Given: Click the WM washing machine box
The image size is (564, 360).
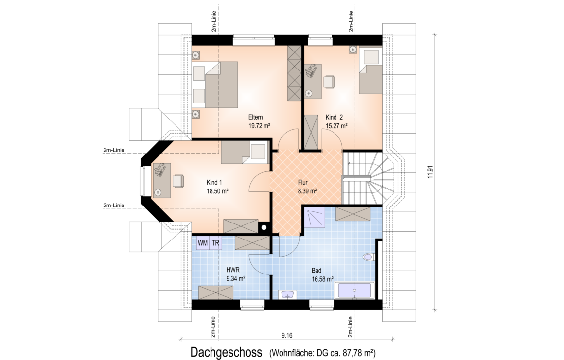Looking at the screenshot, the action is coord(203,243).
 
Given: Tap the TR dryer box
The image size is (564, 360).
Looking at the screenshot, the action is coord(215,243).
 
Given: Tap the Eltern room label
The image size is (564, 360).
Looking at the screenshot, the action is coord(255,117).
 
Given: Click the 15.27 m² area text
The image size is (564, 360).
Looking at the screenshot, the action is coord(336,126).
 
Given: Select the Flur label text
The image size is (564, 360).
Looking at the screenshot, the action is coord(302,183).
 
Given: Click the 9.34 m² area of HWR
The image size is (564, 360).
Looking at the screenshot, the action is coord(236,278).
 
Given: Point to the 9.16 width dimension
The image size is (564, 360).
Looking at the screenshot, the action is coord(287,336).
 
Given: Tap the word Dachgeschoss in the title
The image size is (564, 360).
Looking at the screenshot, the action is coord(226,352).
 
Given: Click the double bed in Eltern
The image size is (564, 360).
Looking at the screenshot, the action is coord(215,85).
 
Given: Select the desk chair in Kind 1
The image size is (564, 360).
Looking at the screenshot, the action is coord(178,180).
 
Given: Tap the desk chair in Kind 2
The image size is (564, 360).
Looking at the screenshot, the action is coord(329,82).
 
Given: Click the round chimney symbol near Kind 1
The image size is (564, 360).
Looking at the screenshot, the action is coord(264,227).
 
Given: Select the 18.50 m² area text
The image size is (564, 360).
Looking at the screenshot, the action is coord(217,191).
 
